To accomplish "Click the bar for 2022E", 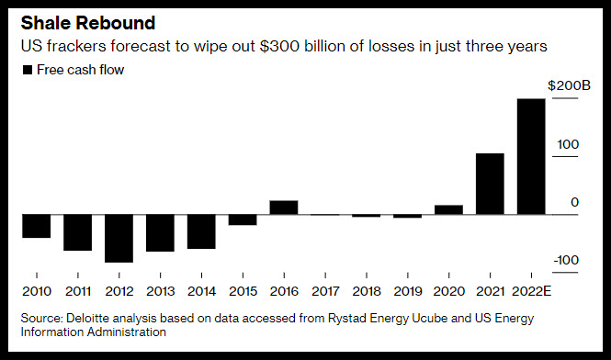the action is tap(531, 157).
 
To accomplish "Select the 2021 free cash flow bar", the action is tap(490, 184).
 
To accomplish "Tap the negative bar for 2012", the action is tap(119, 239).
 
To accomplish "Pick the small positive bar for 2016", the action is tap(284, 208).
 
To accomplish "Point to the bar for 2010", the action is tap(36, 226).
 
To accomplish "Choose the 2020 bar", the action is tap(449, 209).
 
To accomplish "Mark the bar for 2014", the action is tap(201, 231).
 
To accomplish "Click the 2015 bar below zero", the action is tap(243, 220).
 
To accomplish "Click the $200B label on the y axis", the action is tap(570, 85).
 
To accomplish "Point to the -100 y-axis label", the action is tap(566, 260).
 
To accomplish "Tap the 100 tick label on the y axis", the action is tap(568, 144).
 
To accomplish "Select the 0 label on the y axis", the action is tap(575, 202).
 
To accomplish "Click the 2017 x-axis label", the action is tap(325, 291).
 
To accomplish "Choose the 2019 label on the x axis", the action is tap(408, 291).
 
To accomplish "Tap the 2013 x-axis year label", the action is tap(160, 291).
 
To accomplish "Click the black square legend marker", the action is tap(28, 70).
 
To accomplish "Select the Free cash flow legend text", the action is tap(80, 70).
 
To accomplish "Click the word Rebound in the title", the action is tap(116, 23).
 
